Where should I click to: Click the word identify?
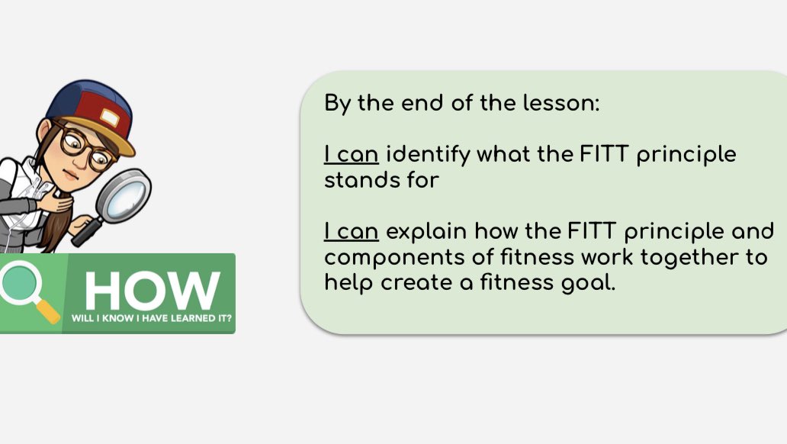pyautogui.click(x=428, y=155)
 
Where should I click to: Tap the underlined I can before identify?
pyautogui.click(x=352, y=155)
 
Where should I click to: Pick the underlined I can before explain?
pyautogui.click(x=352, y=231)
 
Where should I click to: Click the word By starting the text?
pyautogui.click(x=338, y=104)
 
